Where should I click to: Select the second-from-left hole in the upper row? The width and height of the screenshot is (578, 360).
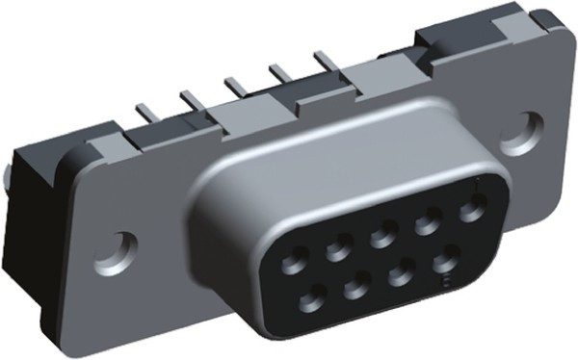(339, 249)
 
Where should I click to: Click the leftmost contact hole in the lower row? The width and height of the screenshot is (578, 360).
(312, 302)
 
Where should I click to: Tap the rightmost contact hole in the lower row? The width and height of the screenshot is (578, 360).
(445, 261)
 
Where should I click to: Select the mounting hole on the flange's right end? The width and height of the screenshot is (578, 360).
(529, 130)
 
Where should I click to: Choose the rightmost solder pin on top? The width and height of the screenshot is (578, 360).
(327, 61)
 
